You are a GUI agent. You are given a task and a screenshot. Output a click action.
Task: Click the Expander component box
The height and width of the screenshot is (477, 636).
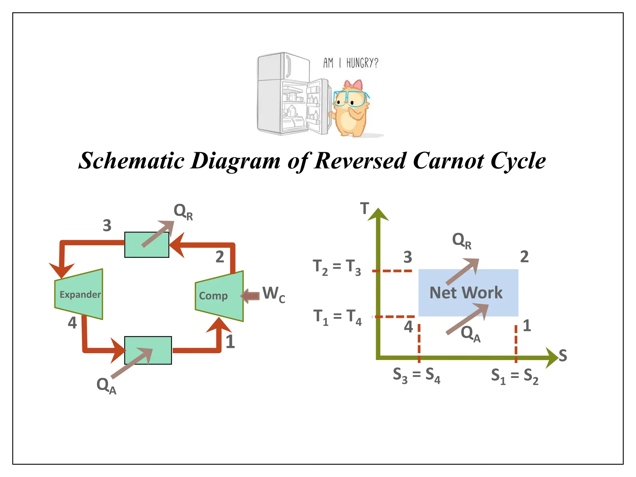[x=79, y=294]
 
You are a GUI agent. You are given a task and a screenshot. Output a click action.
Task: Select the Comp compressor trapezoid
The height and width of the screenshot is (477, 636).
[x=219, y=296]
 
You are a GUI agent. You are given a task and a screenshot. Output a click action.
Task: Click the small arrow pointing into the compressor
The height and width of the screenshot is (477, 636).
[x=250, y=296]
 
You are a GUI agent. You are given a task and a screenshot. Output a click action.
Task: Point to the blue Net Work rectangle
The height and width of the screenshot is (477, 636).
[x=468, y=293]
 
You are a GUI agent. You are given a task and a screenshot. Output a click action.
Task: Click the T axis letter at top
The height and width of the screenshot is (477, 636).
[x=365, y=208]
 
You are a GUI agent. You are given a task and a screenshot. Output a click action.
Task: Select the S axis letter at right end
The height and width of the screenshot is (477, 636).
[x=563, y=355]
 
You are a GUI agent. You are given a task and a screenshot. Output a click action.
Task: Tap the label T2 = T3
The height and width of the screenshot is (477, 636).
[x=337, y=267]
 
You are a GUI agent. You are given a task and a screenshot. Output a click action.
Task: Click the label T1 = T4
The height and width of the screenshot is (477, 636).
[x=337, y=317]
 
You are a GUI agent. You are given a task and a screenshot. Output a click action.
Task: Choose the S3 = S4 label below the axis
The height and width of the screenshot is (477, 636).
[x=416, y=375]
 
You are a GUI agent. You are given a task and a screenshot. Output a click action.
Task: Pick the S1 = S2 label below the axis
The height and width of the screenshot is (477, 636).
[x=515, y=376]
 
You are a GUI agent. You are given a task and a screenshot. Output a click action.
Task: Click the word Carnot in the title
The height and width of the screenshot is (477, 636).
[x=448, y=161]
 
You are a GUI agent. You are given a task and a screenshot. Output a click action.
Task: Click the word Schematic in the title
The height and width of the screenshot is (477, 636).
[x=131, y=161]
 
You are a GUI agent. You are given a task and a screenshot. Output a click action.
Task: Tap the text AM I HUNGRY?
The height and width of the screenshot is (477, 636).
[x=351, y=63]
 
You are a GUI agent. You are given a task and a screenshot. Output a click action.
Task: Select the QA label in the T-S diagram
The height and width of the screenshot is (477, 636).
[x=470, y=334]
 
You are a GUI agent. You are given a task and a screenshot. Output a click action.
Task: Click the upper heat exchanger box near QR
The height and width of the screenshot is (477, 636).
[x=147, y=245]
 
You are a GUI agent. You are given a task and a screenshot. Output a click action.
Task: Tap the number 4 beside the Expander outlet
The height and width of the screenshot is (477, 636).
[x=72, y=323]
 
